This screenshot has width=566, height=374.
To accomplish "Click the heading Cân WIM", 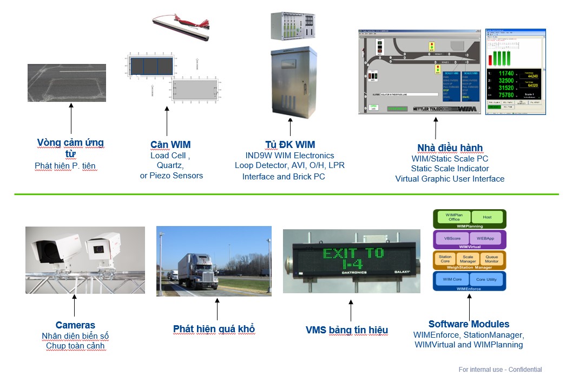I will coord(170,144).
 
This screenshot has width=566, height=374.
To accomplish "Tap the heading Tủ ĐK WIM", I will coord(290,144).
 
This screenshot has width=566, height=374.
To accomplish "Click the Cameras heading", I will coord(75,325).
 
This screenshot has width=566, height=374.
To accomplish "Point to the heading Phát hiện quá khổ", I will coord(214,329).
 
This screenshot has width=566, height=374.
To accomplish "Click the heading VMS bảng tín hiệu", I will coord(346,330).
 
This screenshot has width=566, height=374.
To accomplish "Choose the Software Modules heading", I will coord(469,324).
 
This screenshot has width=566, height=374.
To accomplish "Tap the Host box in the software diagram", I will coord(487,217).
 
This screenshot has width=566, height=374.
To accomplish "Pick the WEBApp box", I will coord(485,238).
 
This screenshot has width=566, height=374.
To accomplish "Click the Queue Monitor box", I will coord(491,260).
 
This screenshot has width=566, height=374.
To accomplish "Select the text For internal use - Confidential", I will coord(500,370).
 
